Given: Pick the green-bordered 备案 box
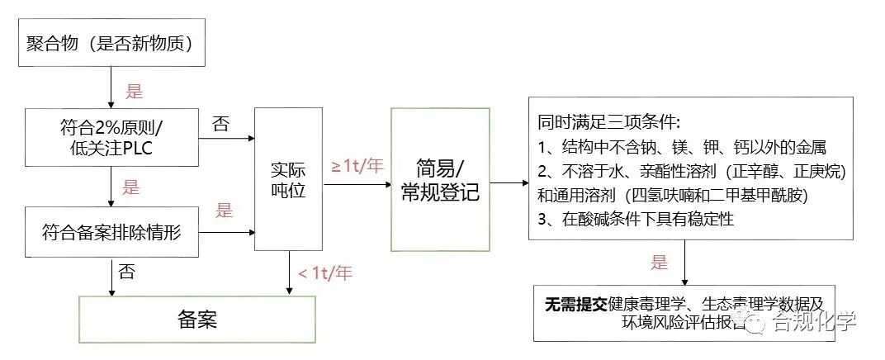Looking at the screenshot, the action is coord(196,319).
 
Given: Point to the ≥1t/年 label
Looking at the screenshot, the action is coord(357,165).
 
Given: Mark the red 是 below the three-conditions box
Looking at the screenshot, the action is coord(659,263).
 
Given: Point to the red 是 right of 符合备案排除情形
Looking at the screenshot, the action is coord(224,211).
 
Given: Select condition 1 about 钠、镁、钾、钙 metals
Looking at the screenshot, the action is coord(681,147).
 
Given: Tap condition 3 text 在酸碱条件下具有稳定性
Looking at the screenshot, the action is coord(635,220).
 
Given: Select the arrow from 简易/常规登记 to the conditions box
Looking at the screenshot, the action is coord(509,182).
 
